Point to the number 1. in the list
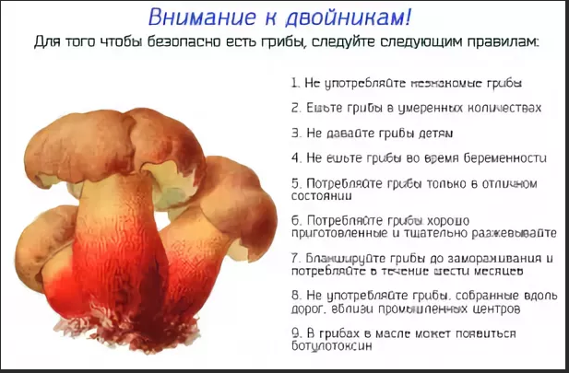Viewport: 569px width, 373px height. click(295, 83)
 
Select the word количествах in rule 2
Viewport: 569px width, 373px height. click(505, 108)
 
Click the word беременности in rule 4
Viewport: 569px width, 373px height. click(505, 157)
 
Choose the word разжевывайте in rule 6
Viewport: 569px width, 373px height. click(511, 233)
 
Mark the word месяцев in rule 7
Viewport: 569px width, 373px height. click(498, 272)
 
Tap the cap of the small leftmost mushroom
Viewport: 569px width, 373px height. click(41, 239)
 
